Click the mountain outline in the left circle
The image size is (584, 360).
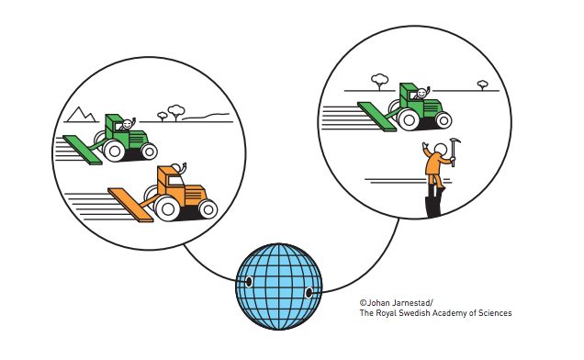click(x=81, y=115)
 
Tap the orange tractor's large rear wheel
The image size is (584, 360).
click(x=168, y=208)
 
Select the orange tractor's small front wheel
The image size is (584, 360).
click(x=208, y=209)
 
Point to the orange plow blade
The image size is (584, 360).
click(x=130, y=205)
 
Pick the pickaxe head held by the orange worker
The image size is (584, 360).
click(x=455, y=141)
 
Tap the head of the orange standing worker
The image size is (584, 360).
click(x=440, y=149)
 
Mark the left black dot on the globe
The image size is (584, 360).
click(x=249, y=282)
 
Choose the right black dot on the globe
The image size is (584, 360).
click(x=309, y=293)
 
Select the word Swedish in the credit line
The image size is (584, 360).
click(x=414, y=313)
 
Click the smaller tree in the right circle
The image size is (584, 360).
click(x=483, y=85)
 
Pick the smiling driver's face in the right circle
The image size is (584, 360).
click(x=421, y=93)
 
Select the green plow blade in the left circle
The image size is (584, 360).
click(x=83, y=150)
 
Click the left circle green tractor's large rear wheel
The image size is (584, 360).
click(x=115, y=151)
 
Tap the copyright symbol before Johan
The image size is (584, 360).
click(x=363, y=303)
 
